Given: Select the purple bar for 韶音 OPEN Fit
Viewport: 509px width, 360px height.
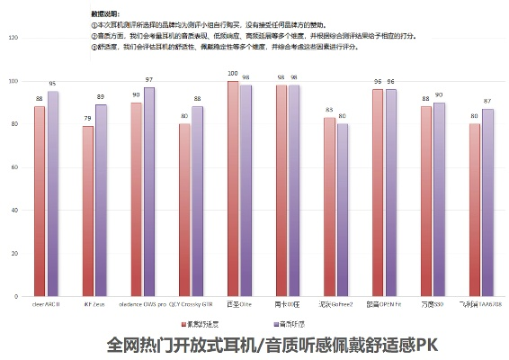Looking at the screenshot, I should (x=391, y=193).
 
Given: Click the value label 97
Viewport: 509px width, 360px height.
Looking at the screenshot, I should (x=149, y=80).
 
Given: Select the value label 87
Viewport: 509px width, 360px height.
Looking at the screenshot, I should (x=488, y=102).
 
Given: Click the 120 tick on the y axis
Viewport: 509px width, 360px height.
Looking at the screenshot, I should (x=12, y=38).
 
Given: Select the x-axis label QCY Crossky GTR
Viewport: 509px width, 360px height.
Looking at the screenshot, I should (x=192, y=305).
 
